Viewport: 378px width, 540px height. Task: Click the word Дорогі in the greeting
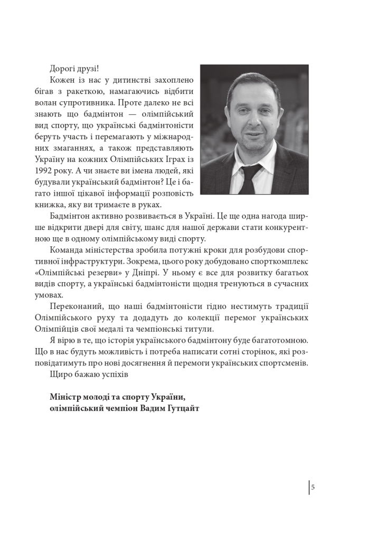62,69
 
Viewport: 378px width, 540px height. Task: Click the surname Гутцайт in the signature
181,408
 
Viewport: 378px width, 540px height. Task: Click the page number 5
313,487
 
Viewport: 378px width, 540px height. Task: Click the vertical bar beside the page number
309,487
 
